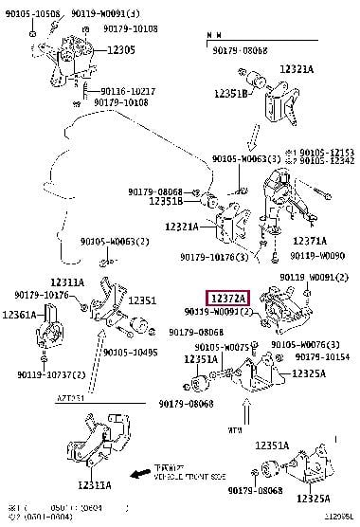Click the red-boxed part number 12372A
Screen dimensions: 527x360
[227, 298]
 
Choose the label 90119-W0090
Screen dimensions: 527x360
[319, 255]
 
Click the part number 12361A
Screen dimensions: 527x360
[20, 314]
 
